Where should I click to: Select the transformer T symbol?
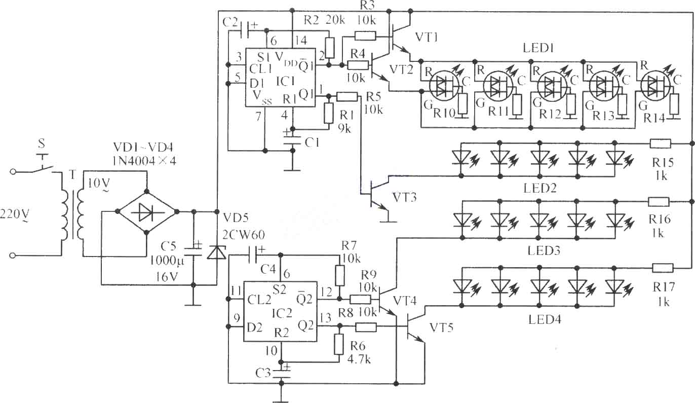click(72, 214)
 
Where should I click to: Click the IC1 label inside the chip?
click(285, 81)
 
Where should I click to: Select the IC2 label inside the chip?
click(282, 313)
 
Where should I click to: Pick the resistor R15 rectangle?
click(661, 144)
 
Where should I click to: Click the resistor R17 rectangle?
click(663, 268)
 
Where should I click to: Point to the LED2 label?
click(540, 188)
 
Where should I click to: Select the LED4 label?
click(545, 319)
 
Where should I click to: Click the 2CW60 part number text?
click(244, 235)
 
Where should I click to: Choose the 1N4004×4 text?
click(144, 161)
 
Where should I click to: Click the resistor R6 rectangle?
click(339, 344)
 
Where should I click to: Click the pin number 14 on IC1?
click(301, 41)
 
